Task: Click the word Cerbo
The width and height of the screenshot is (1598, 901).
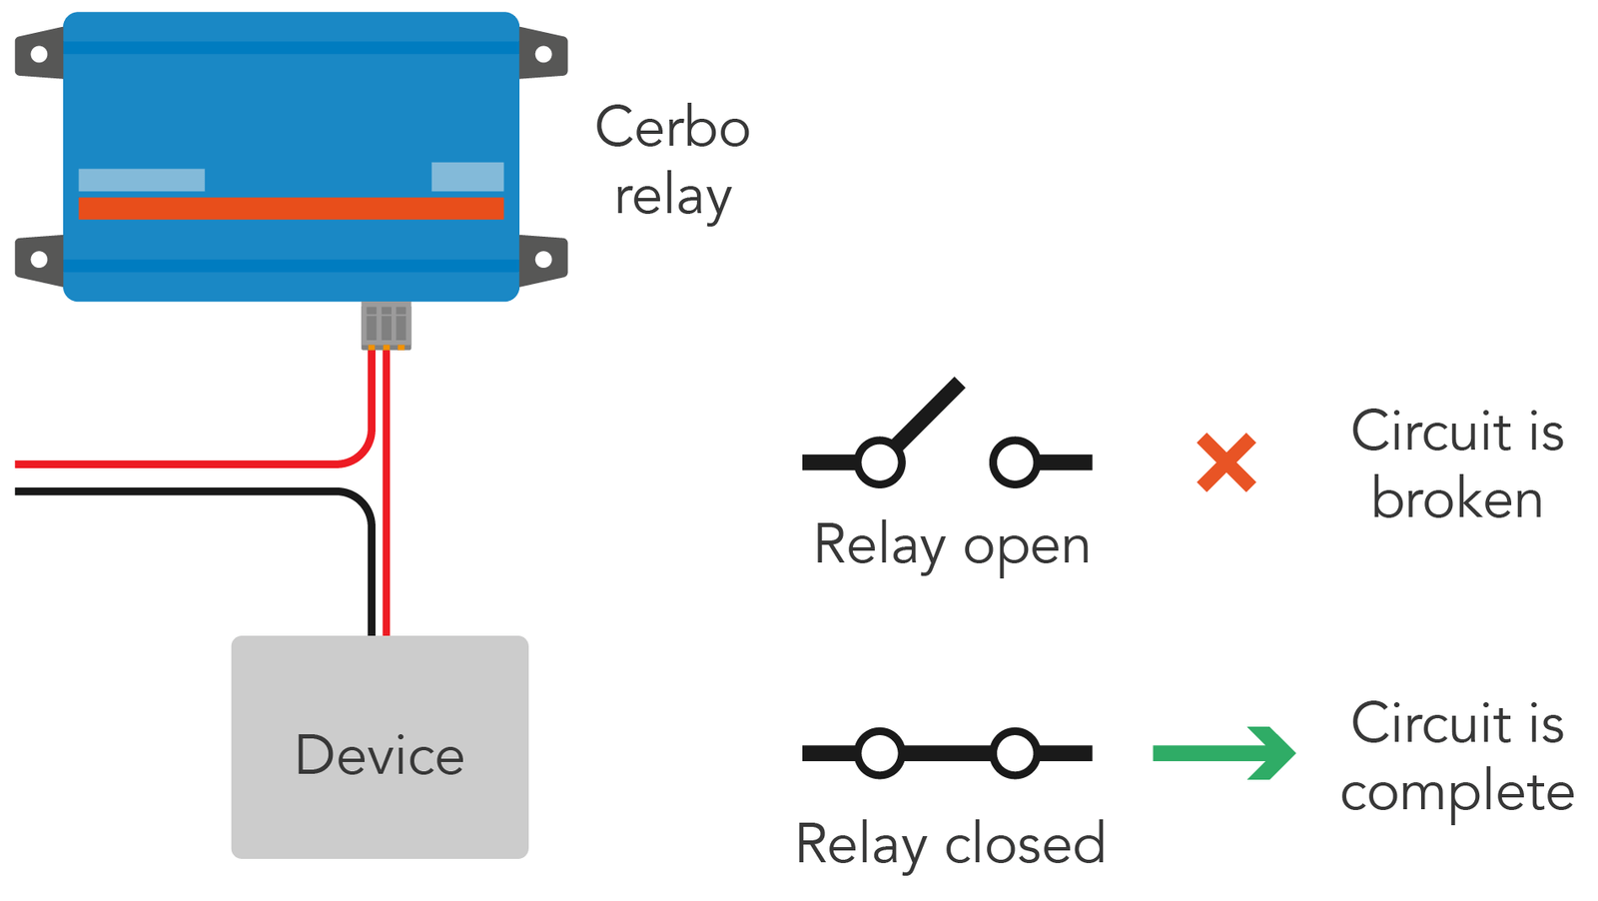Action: [x=672, y=128]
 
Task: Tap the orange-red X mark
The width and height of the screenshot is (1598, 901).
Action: [x=1225, y=462]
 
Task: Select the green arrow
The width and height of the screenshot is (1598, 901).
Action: [x=1223, y=752]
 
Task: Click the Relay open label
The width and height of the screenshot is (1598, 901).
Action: [x=951, y=545]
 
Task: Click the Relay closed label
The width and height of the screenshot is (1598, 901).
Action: [x=951, y=844]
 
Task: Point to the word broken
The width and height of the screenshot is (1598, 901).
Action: [x=1456, y=497]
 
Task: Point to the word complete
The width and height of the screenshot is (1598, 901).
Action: [x=1457, y=793]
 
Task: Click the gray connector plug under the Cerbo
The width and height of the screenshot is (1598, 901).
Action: [x=386, y=325]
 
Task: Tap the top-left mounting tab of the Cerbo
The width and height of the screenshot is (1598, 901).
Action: [x=39, y=53]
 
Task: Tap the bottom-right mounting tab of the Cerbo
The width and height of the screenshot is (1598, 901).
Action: [x=543, y=260]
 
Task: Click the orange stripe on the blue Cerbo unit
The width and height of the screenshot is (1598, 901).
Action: [x=291, y=208]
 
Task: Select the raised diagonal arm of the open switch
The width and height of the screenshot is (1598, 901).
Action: [x=928, y=414]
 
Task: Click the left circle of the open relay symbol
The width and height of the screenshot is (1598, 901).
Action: [x=880, y=462]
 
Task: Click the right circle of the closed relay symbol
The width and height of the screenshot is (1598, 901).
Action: [x=1015, y=753]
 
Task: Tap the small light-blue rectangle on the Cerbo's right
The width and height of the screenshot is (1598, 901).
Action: [x=467, y=176]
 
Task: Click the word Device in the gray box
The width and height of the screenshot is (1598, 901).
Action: [x=380, y=755]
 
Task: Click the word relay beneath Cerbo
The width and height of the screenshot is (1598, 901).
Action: [x=672, y=197]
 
